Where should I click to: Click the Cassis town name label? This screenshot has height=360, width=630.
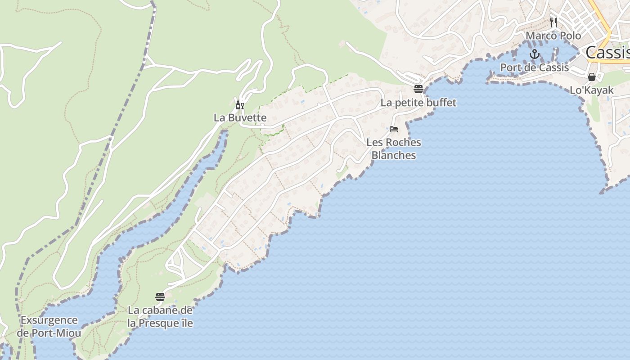tap(607, 53)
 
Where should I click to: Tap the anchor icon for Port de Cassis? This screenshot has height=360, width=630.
tap(534, 54)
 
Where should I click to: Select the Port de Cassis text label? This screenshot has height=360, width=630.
tap(535, 67)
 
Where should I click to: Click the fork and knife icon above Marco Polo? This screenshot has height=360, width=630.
tap(553, 22)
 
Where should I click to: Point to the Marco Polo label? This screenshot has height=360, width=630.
tap(553, 36)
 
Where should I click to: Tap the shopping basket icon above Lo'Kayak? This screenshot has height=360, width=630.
tap(592, 77)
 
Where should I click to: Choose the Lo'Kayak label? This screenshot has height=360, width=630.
tap(591, 90)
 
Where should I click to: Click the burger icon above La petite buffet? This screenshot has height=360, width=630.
tap(418, 89)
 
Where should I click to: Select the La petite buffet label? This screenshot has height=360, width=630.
tap(418, 103)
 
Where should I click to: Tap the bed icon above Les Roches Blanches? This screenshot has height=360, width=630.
tap(394, 129)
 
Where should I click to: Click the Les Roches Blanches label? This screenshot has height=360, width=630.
tap(394, 149)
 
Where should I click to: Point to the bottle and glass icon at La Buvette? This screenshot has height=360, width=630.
tap(240, 106)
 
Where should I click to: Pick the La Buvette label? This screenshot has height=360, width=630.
tap(240, 118)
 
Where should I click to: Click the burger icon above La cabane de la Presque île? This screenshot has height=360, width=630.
tap(160, 297)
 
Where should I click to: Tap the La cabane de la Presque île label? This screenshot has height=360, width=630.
tap(160, 317)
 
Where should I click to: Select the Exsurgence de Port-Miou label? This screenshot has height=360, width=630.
tap(49, 327)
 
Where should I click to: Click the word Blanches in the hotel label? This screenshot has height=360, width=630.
tap(394, 155)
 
